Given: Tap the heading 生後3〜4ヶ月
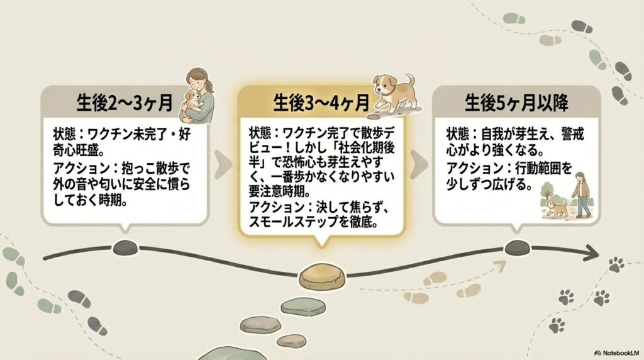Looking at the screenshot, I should (x=321, y=103).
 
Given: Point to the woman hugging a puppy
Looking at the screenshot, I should (x=197, y=94).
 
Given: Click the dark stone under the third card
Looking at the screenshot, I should (x=518, y=247).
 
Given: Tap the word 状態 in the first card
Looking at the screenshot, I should (x=64, y=134).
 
